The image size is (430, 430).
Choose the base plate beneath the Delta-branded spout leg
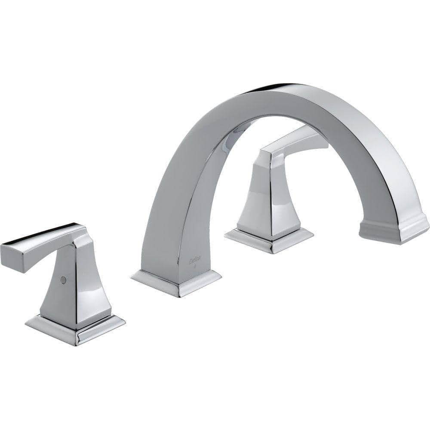176,284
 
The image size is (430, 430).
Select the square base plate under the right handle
269,241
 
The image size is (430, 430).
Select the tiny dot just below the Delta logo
196,266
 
